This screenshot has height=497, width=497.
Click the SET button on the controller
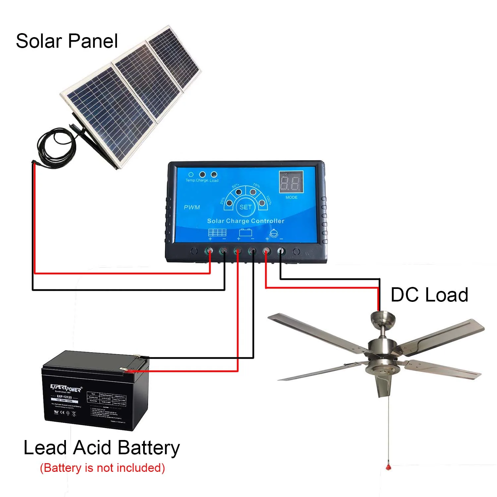[x=246, y=207]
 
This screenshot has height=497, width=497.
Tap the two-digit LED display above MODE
[x=291, y=182]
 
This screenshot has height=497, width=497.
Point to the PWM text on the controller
[x=192, y=207]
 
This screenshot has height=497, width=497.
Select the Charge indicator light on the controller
[x=202, y=175]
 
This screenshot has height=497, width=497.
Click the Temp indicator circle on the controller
[x=191, y=175]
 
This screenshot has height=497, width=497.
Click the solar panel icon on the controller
[x=217, y=233]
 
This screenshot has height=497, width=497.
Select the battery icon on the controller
[x=246, y=233]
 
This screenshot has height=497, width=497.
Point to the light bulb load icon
[x=274, y=233]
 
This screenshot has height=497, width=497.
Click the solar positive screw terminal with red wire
[x=209, y=251]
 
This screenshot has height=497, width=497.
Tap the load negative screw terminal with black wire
[x=281, y=251]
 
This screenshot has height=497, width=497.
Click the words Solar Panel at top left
[x=67, y=41]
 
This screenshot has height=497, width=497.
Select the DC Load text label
[x=429, y=295]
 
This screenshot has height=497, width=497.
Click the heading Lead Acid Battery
[x=102, y=448]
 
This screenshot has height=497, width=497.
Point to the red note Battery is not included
[x=102, y=468]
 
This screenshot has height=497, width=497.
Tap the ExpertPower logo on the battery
[x=66, y=388]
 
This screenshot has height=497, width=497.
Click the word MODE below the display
[x=292, y=197]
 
